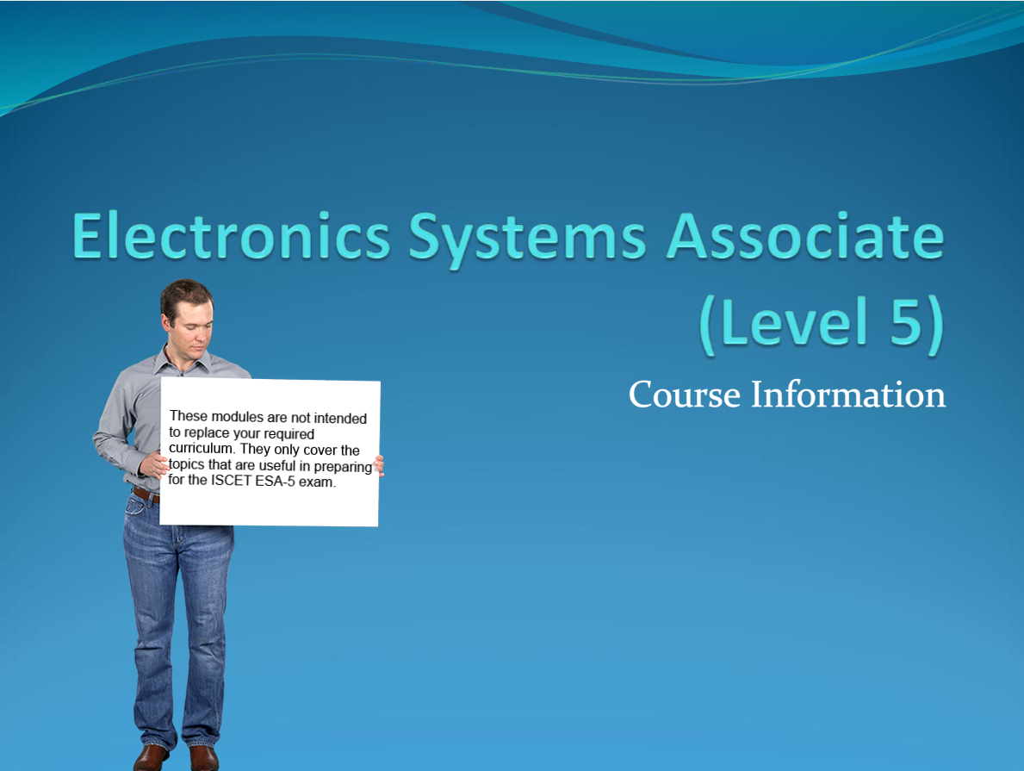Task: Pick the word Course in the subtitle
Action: click(x=685, y=395)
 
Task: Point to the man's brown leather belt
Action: click(x=146, y=494)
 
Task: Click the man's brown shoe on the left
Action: click(x=152, y=757)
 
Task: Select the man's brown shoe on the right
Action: click(x=204, y=758)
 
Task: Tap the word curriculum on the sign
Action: click(x=203, y=450)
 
